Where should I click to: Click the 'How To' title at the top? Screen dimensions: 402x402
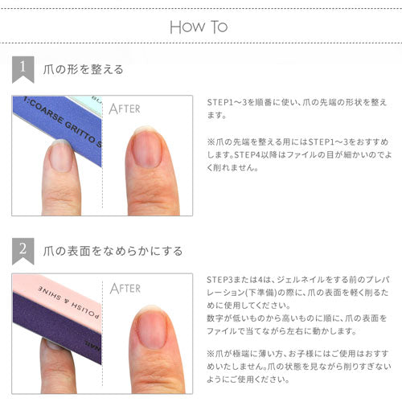point(199,27)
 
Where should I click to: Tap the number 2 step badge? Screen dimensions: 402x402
point(25,250)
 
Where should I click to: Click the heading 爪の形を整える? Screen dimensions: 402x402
point(84,69)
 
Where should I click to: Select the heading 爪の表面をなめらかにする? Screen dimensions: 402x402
point(113,250)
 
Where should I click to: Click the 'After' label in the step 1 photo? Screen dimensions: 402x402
point(125,108)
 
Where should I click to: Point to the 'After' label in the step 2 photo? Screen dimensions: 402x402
point(125,288)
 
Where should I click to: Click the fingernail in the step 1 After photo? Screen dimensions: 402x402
point(146,148)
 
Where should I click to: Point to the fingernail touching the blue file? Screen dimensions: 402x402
point(61,154)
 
